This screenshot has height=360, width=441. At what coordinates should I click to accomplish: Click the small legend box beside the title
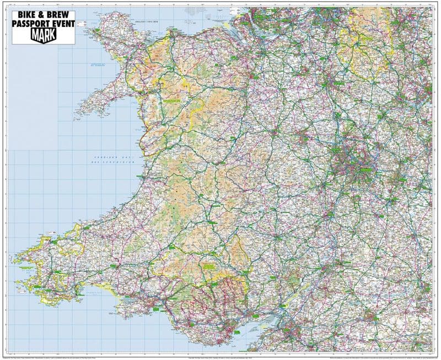(x=81, y=23)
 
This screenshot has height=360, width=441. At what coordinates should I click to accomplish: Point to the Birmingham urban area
(x=353, y=160)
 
